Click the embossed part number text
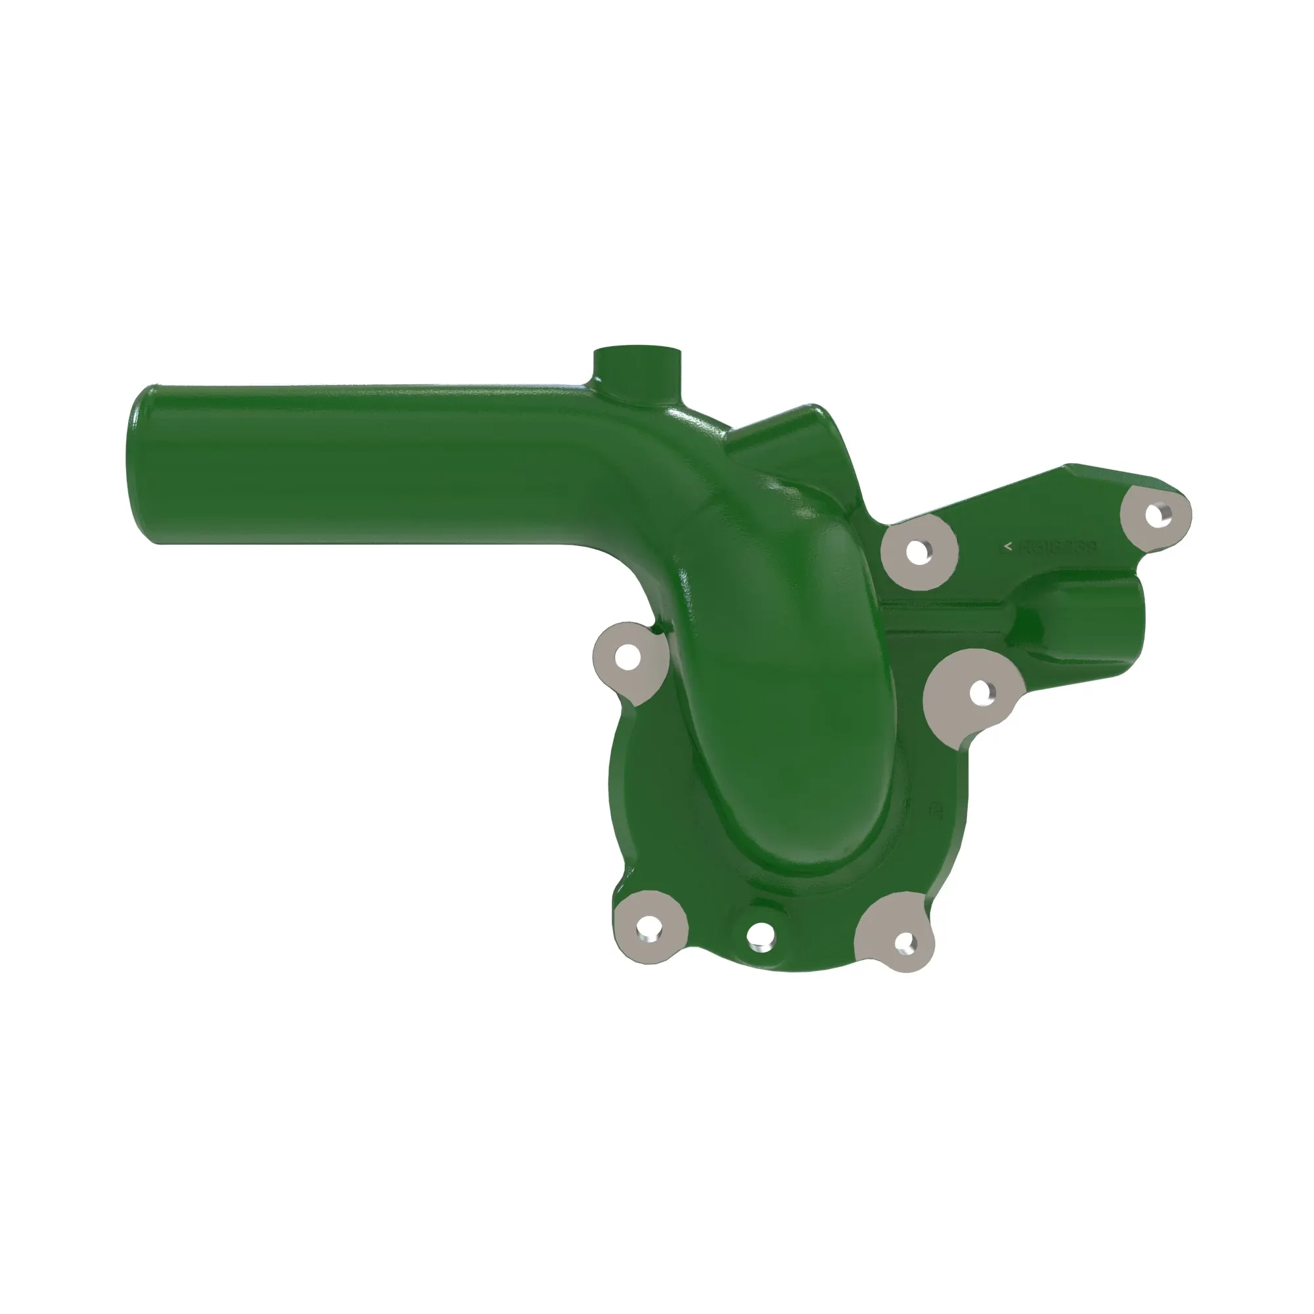click(x=1058, y=546)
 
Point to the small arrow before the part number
click(x=1008, y=545)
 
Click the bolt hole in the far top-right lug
click(x=1156, y=514)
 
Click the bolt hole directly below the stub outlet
click(x=980, y=693)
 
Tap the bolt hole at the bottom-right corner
click(x=904, y=941)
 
